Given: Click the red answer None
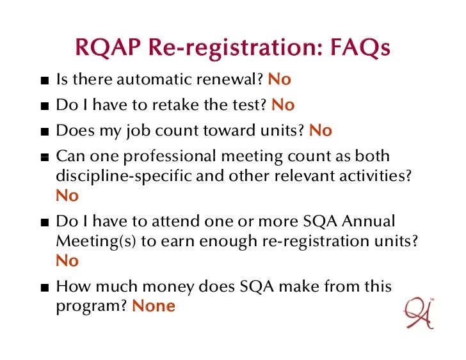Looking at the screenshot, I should [153, 306].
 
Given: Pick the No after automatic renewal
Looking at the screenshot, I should [279, 80].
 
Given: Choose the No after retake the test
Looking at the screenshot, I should [283, 105].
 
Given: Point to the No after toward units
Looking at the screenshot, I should [321, 130].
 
